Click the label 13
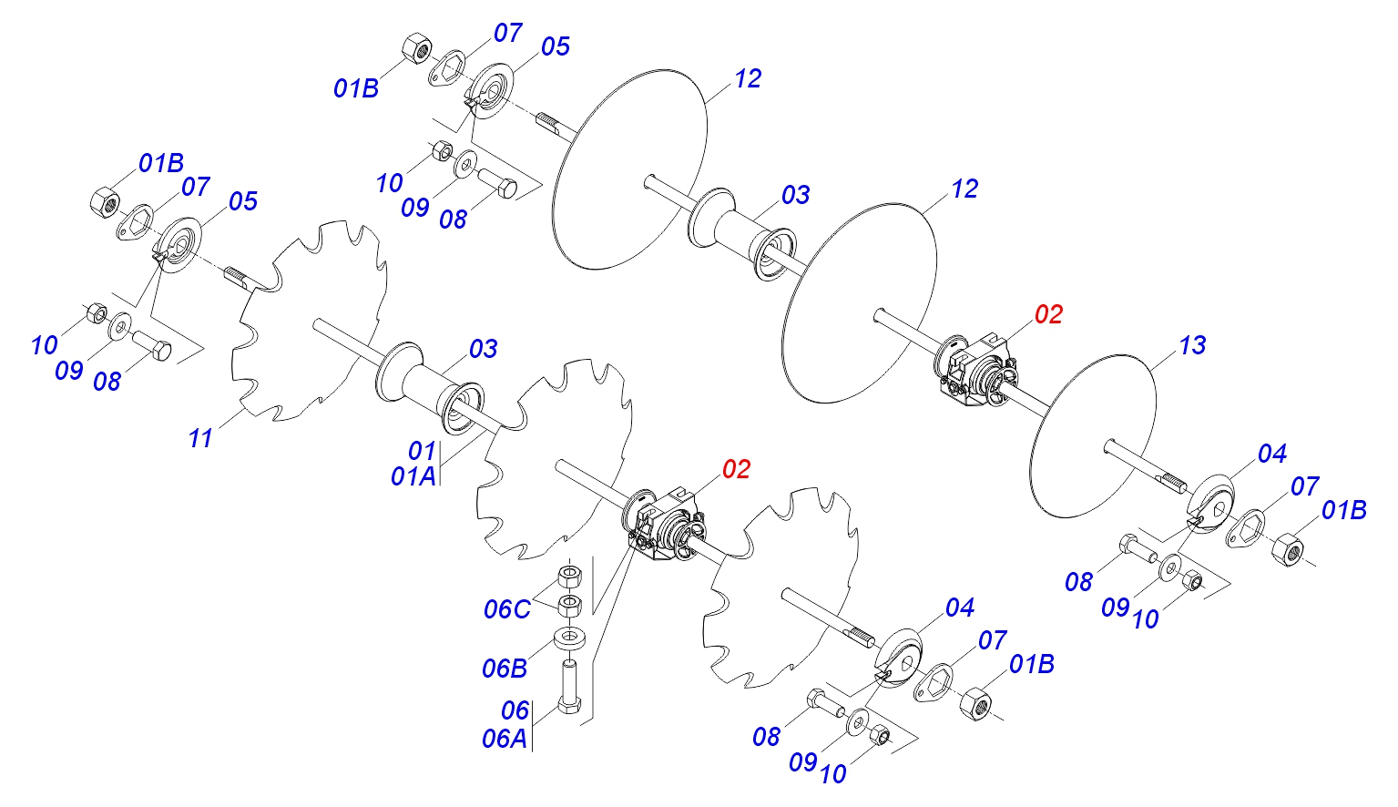tap(1191, 344)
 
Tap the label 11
tap(200, 437)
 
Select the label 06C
tap(506, 609)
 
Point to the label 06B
tap(505, 669)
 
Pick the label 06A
tap(505, 739)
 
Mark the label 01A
tap(413, 476)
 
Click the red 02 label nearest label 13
tap(1048, 314)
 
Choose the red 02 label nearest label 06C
tap(736, 469)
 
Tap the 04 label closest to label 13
tap(1272, 454)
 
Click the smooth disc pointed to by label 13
tap(1092, 436)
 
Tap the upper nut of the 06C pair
tap(569, 576)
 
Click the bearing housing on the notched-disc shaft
tap(664, 526)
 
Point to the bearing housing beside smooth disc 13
tap(976, 371)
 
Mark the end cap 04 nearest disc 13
tap(1210, 505)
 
